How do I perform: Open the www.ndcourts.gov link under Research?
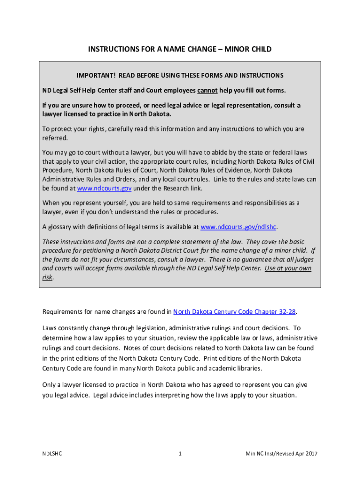tap(104, 189)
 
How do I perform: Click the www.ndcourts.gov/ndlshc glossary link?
tap(238, 227)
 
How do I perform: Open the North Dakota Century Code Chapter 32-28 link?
tap(235, 312)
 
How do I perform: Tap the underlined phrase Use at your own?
tap(288, 268)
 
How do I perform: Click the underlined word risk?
tap(47, 277)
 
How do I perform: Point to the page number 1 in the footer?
tap(180, 453)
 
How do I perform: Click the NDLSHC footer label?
tap(51, 453)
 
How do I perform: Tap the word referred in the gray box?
tap(55, 138)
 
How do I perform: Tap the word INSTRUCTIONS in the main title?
tap(111, 49)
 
